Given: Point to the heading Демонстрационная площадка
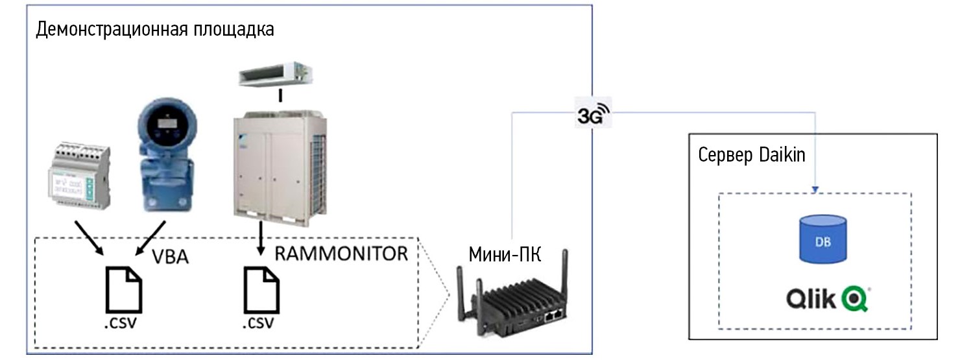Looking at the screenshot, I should (155, 29).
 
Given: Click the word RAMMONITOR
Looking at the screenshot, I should (341, 254).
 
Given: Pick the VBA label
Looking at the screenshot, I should (170, 257).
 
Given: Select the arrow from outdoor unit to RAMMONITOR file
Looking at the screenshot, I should (261, 240).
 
